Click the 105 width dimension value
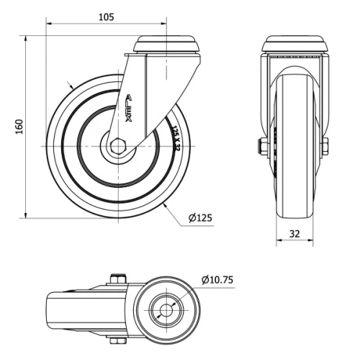point(107,15)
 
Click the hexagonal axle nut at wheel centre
point(118,147)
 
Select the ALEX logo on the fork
point(129,108)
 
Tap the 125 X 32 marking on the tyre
point(176,138)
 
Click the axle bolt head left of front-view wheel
point(264,147)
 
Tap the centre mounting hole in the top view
point(166,311)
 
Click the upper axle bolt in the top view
point(117,278)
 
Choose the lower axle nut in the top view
point(117,342)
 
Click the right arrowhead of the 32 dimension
point(315,242)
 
